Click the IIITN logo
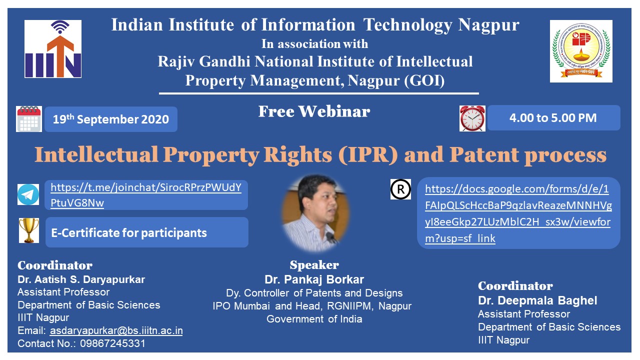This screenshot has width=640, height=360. coord(53,49)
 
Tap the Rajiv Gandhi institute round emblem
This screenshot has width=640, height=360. coord(581,51)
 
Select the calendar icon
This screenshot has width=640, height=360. coord(29,119)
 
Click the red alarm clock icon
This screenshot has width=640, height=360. coord(472,118)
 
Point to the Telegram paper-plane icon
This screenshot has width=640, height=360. coord(28,194)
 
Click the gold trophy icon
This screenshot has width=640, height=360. coord(29,230)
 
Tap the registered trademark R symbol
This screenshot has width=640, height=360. coord(400,189)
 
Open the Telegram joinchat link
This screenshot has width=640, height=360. coord(146,195)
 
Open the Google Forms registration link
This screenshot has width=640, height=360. coord(518,213)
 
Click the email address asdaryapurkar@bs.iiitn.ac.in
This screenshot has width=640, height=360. coord(116,330)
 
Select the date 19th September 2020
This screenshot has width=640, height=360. coord(111,119)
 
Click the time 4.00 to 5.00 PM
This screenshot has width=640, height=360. coord(553,118)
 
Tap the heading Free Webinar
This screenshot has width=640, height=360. coord(314,111)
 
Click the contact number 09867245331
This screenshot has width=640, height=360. coord(113,343)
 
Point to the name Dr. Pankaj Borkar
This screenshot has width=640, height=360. coord(314,279)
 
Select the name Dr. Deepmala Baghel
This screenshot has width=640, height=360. coord(537,300)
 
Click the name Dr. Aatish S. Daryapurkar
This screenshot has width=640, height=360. coord(81,279)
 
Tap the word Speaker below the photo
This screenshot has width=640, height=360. coord(314,265)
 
